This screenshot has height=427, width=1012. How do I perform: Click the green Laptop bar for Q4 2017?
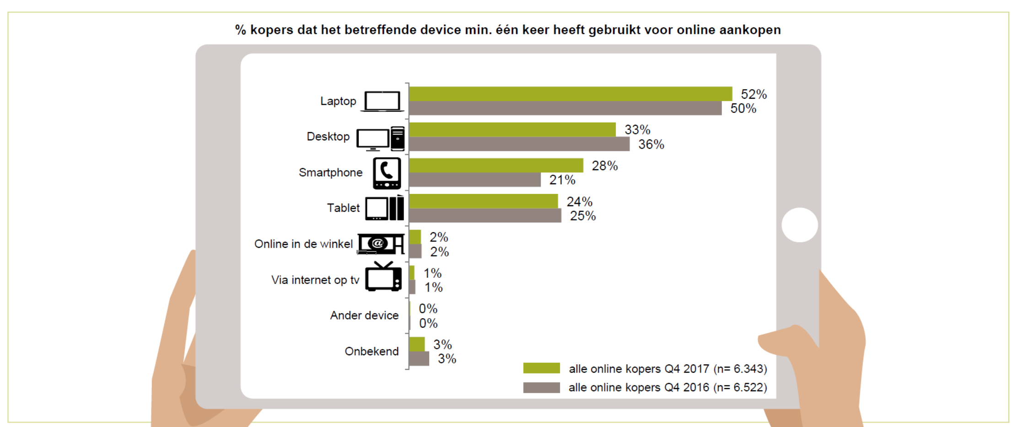[570, 94]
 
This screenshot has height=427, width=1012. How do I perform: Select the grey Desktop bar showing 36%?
[519, 144]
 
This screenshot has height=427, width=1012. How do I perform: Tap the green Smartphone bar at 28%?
[496, 165]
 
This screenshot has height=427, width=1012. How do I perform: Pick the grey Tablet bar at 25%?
[485, 215]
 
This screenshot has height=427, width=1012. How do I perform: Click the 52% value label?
[754, 94]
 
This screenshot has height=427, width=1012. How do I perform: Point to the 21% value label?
[562, 180]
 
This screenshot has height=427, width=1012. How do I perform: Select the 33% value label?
[637, 130]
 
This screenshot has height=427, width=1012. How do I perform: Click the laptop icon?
[382, 101]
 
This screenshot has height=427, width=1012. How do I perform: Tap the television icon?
[383, 277]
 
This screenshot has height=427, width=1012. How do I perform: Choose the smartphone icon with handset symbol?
[387, 173]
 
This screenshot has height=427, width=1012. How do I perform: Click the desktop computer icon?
[380, 139]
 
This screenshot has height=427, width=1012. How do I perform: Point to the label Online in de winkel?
[303, 244]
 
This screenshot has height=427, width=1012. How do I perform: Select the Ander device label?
[364, 315]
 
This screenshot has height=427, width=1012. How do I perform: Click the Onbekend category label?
[371, 351]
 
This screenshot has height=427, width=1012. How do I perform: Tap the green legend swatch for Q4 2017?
[541, 368]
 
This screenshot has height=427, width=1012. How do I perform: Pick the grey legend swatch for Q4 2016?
[541, 388]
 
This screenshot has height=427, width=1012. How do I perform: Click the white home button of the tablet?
[799, 225]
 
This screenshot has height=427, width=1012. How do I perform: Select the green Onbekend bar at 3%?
[417, 344]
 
